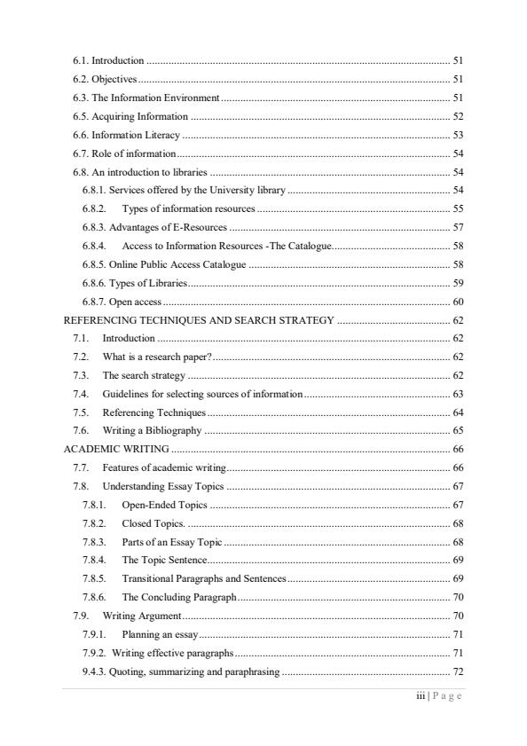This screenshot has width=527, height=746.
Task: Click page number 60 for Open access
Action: [x=458, y=302]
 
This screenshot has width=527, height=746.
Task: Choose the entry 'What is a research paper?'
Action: [x=157, y=357]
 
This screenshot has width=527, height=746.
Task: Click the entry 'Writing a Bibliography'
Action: [x=152, y=431]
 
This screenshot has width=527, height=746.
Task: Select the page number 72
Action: [x=458, y=671]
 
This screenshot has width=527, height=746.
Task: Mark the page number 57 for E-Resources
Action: [x=458, y=227]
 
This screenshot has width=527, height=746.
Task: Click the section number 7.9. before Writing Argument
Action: [x=83, y=616]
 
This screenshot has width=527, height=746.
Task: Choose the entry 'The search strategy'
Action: [x=144, y=375]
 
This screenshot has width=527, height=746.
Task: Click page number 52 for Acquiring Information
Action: [x=458, y=116]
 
